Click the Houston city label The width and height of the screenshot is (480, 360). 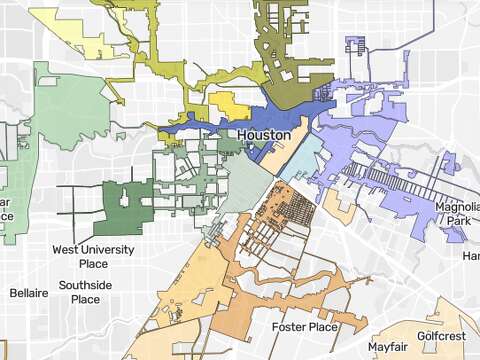coord(266,134)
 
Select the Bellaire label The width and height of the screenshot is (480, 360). coord(29,294)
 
